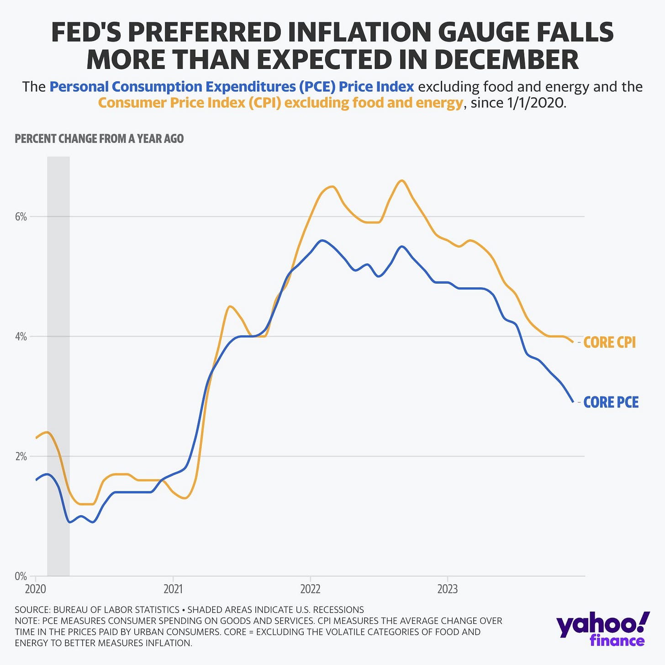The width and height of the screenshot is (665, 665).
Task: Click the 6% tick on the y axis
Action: (x=21, y=217)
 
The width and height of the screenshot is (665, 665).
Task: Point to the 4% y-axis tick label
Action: (x=21, y=337)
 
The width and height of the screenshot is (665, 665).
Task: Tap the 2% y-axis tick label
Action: (x=21, y=457)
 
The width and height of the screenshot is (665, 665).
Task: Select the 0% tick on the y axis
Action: (x=21, y=576)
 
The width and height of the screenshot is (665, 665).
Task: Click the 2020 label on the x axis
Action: (x=36, y=589)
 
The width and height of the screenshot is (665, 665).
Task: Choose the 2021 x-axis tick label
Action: (x=173, y=589)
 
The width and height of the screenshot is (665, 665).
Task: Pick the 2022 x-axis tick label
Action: (x=310, y=589)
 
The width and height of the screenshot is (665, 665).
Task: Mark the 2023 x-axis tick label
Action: (x=447, y=589)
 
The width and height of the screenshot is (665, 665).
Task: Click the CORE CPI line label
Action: (x=609, y=343)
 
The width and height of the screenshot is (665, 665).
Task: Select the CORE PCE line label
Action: (x=611, y=402)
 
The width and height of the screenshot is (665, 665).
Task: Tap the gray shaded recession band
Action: (x=58, y=365)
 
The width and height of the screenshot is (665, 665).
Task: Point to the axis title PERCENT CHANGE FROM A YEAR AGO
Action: (x=99, y=139)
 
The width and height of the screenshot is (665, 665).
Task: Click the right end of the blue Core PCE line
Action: (x=573, y=401)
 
